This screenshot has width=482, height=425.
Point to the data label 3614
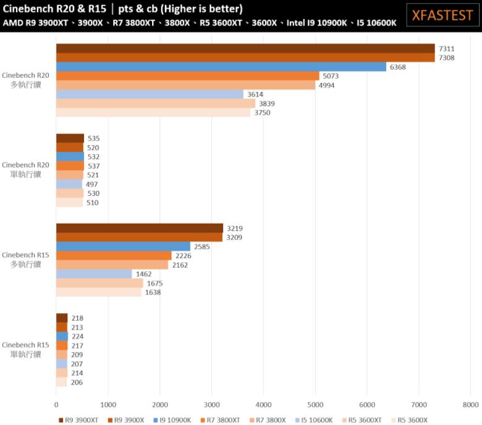tap(255, 95)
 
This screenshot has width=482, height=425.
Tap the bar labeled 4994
tap(185, 85)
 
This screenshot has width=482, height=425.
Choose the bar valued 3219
tap(140, 228)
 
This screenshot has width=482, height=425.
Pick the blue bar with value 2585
tap(123, 246)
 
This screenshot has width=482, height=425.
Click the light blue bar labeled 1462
tap(94, 274)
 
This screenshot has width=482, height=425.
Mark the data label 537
tap(93, 166)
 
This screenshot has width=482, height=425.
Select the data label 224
tap(77, 337)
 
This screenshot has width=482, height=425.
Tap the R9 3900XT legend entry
tap(81, 420)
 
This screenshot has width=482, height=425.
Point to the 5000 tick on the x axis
tap(315, 405)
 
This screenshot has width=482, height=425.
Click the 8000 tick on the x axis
tap(470, 405)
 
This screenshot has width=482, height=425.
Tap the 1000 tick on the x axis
tap(108, 405)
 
